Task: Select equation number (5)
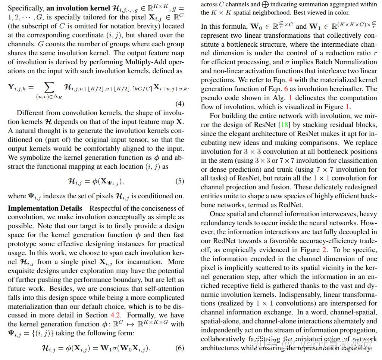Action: pyautogui.click(x=179, y=181)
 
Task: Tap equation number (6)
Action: pyautogui.click(x=179, y=348)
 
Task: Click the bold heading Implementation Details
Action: pyautogui.click(x=45, y=208)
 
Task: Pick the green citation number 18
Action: pyautogui.click(x=284, y=125)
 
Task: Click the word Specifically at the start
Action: pyautogui.click(x=25, y=8)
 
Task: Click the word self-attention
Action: pyautogui.click(x=161, y=289)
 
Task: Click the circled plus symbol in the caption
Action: pyautogui.click(x=266, y=4)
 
